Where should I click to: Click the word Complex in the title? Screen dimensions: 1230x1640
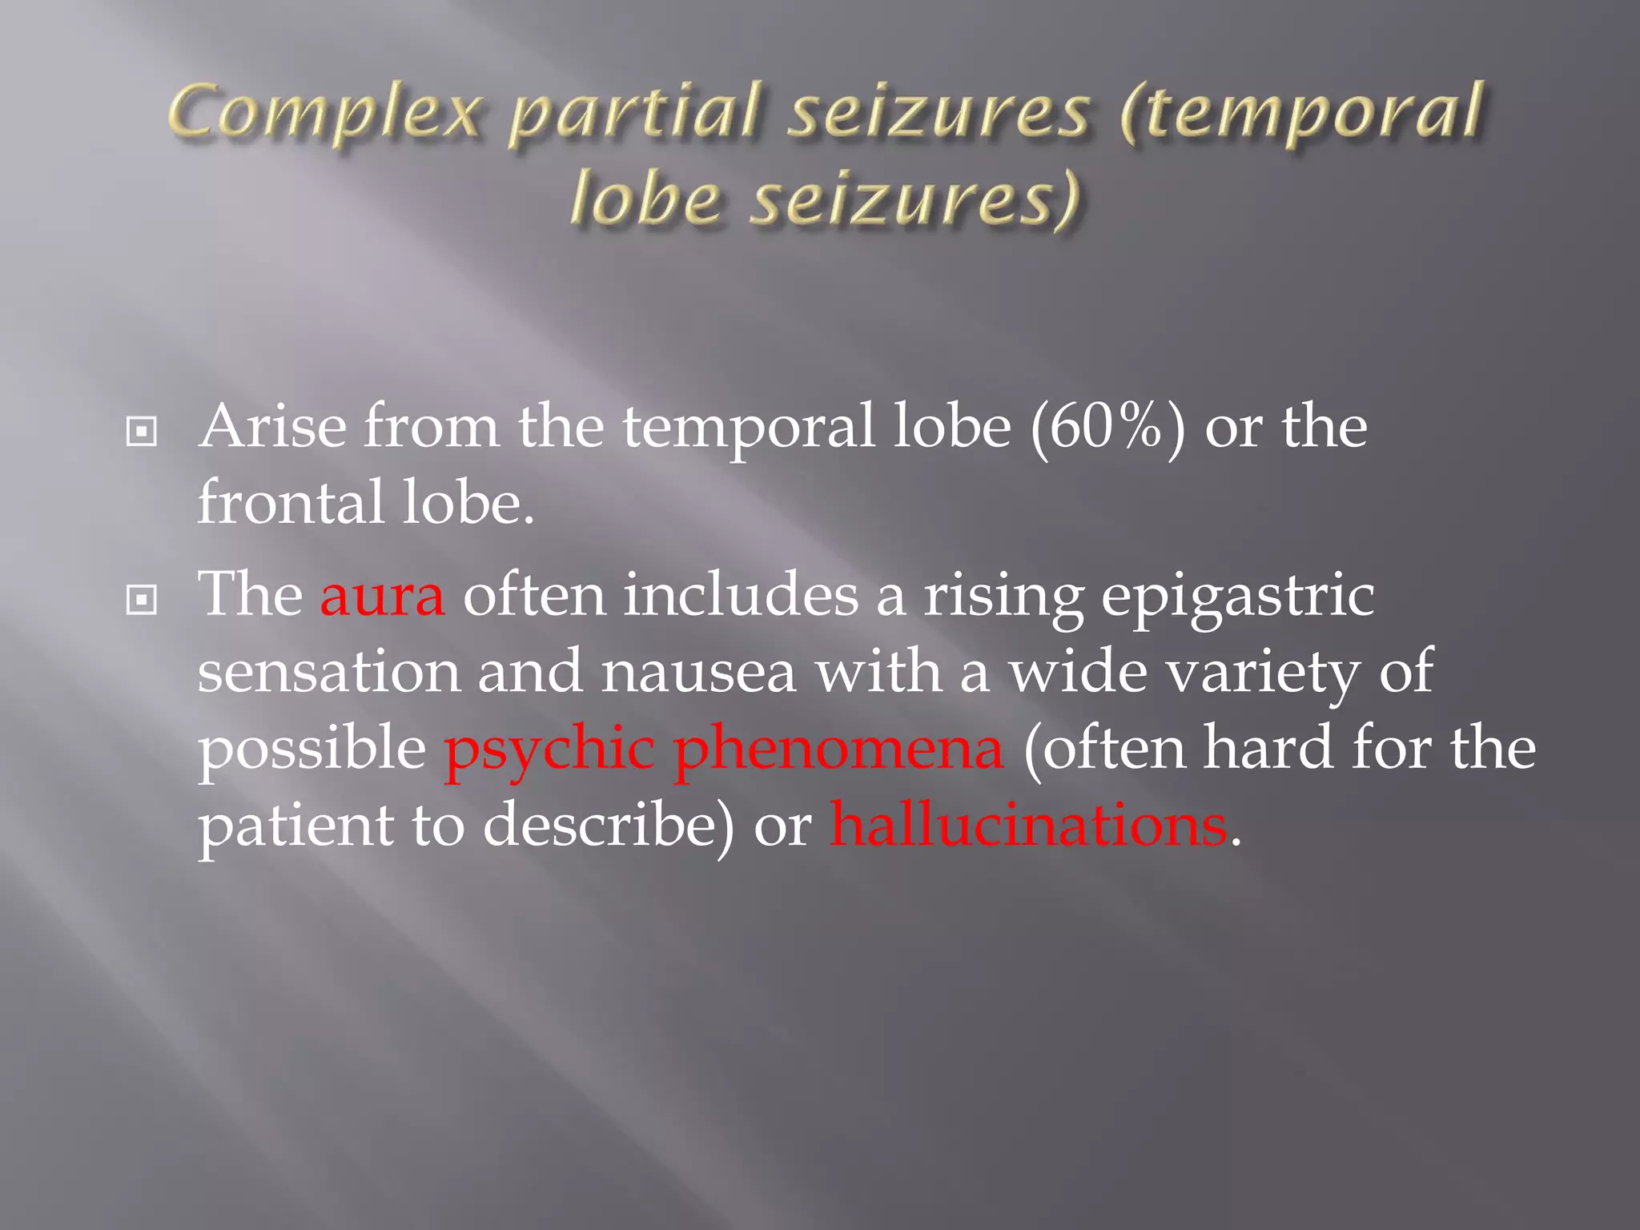(324, 114)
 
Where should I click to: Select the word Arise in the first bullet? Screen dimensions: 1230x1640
(272, 426)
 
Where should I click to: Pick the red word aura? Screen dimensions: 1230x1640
(382, 596)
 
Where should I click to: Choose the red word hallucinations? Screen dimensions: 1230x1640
(1027, 825)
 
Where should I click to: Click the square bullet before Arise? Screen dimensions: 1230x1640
(142, 432)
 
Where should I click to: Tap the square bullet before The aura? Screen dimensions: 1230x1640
(142, 600)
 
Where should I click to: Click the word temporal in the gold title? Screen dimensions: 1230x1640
(1302, 114)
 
